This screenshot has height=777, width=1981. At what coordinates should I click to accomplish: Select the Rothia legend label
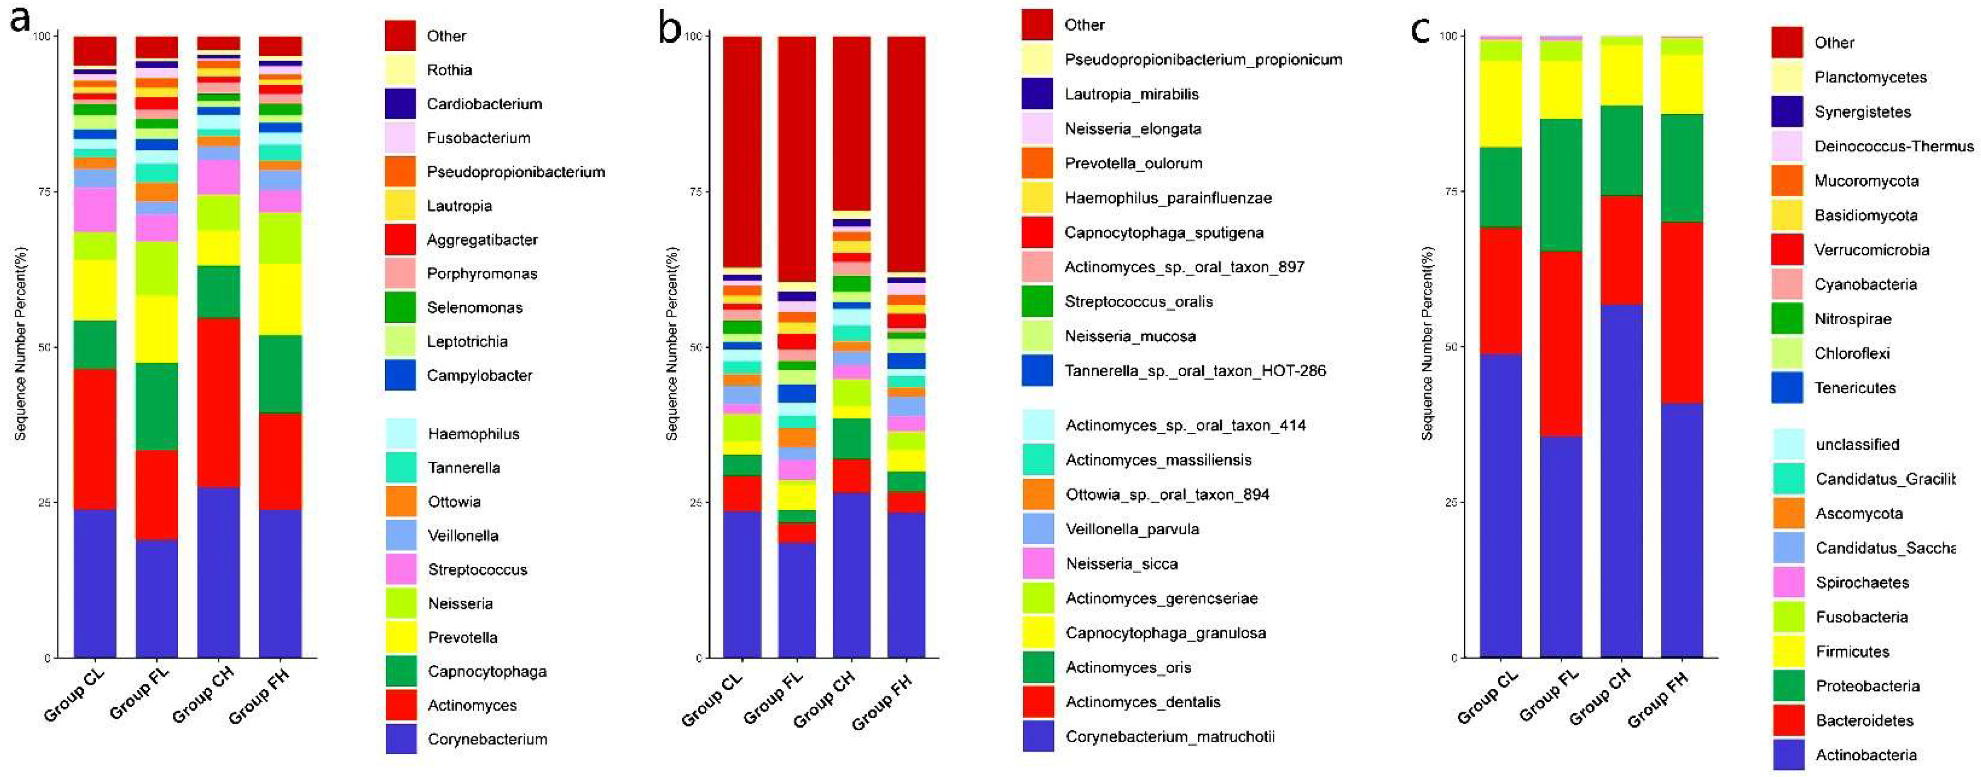point(449,70)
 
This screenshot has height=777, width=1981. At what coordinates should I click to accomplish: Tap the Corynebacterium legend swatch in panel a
point(401,739)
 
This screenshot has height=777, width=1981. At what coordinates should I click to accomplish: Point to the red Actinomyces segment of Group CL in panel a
point(94,439)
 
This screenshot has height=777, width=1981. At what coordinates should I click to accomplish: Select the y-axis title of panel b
point(671,343)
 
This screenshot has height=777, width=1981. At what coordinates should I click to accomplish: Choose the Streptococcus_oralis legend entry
point(1138,301)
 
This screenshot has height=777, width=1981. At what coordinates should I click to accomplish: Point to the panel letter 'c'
point(1420,31)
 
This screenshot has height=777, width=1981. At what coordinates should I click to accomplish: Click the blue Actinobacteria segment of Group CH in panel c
point(1621,481)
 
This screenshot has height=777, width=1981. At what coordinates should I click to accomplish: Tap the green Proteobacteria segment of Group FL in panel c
point(1561,185)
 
